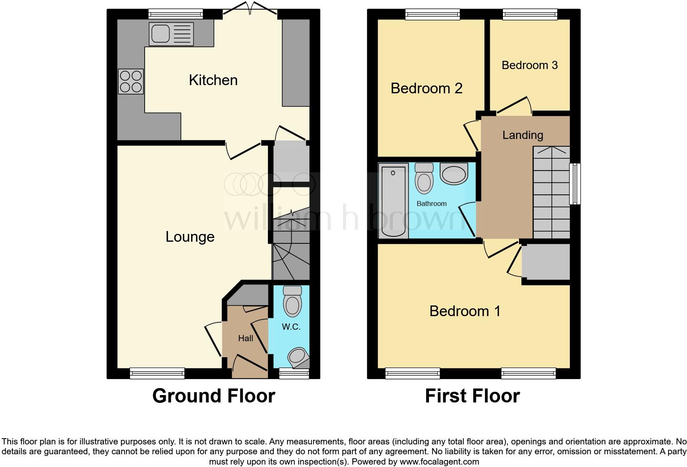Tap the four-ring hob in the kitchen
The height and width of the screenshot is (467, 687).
pyautogui.click(x=131, y=81)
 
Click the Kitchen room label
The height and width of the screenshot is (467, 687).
pyautogui.click(x=213, y=80)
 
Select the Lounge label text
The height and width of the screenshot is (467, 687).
pyautogui.click(x=190, y=237)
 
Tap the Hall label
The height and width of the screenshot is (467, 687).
pyautogui.click(x=245, y=338)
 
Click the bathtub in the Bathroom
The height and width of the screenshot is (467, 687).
pyautogui.click(x=393, y=200)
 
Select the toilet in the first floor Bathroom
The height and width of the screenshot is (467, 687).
pyautogui.click(x=424, y=179)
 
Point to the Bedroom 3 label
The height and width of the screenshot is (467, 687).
pyautogui.click(x=530, y=65)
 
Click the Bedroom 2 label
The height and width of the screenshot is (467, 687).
pyautogui.click(x=426, y=88)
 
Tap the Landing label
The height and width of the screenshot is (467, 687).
pyautogui.click(x=523, y=135)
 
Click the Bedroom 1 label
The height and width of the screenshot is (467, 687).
pyautogui.click(x=465, y=311)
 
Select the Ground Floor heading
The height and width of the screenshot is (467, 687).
pyautogui.click(x=214, y=396)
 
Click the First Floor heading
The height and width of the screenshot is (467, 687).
pyautogui.click(x=472, y=396)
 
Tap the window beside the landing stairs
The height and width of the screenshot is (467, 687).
pyautogui.click(x=575, y=184)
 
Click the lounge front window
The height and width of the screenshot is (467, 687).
pyautogui.click(x=157, y=373)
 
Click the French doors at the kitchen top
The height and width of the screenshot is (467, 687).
pyautogui.click(x=250, y=9)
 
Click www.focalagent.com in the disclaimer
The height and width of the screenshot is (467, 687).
pyautogui.click(x=439, y=462)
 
